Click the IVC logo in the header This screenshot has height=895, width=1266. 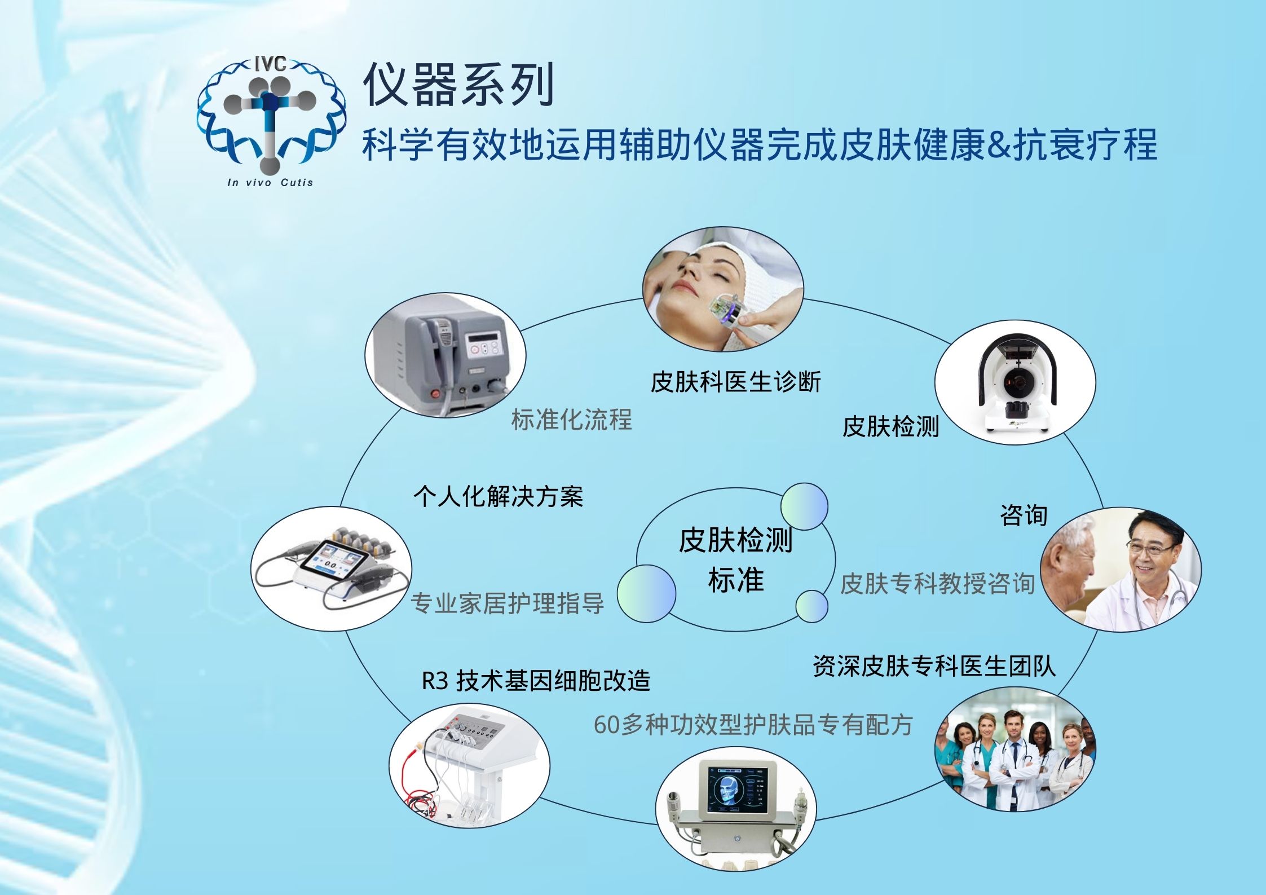pos(271,121)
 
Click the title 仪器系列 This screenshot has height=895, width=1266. pos(458,85)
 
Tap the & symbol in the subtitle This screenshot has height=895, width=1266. pos(999,144)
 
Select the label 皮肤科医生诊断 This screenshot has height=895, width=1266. pos(735,382)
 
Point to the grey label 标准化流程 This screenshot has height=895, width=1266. pos(571,420)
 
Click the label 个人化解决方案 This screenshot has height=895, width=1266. pos(498,496)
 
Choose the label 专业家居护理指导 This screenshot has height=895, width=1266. pos(507,603)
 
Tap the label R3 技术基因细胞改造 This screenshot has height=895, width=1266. pos(536,681)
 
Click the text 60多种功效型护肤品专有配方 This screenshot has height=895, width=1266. pos(753,725)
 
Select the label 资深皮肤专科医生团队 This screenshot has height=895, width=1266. pos(934,665)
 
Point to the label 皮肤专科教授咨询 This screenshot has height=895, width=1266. pos(937,584)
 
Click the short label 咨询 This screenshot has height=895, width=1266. pos(1024,515)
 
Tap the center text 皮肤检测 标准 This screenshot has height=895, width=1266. pos(735,560)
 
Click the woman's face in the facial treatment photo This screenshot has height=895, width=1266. pos(698,282)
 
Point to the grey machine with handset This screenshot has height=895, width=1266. pos(445,355)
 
